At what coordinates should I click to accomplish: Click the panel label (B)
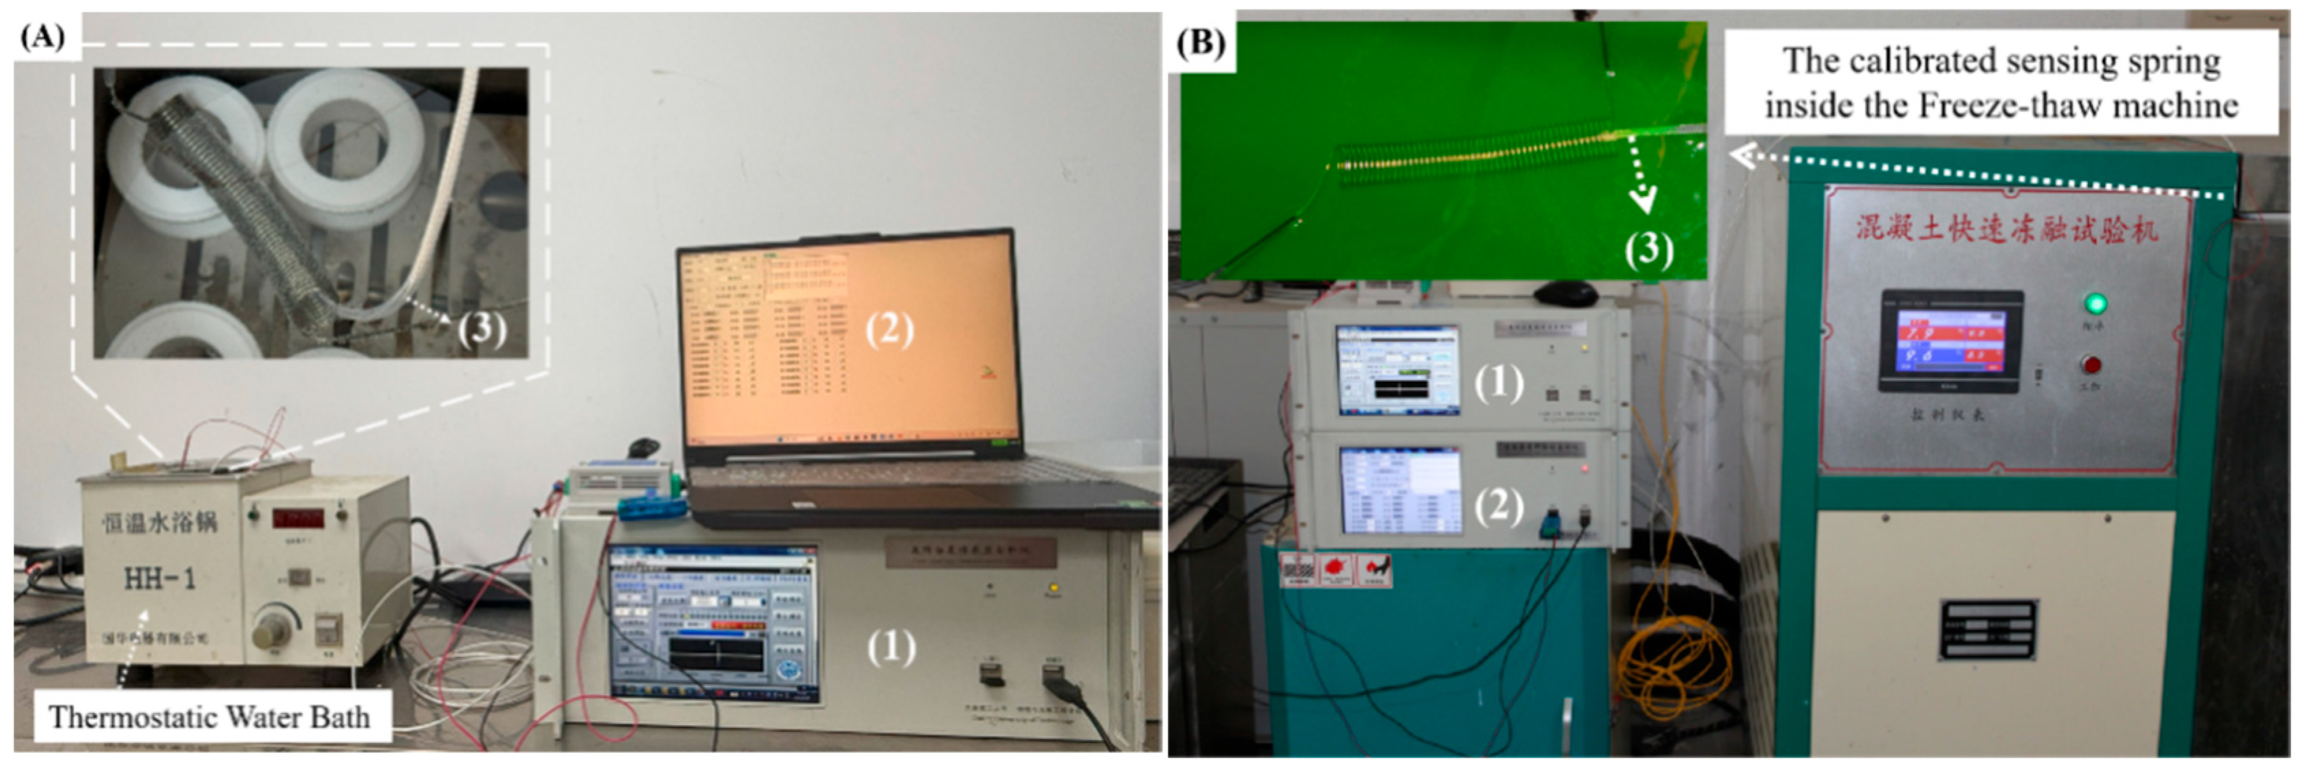tap(1200, 42)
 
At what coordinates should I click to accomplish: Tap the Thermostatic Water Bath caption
tap(209, 716)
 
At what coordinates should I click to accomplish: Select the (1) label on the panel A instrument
tap(891, 647)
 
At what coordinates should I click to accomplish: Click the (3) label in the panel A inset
tap(482, 328)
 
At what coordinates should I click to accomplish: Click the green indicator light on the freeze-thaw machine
tap(2094, 304)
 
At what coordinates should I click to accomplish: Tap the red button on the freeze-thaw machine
tap(2091, 365)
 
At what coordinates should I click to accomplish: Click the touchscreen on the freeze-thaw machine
tap(1951, 342)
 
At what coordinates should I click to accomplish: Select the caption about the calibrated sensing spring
tap(2000, 82)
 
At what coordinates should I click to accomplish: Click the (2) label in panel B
tap(1498, 506)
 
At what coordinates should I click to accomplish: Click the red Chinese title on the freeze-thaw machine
tap(2006, 228)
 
